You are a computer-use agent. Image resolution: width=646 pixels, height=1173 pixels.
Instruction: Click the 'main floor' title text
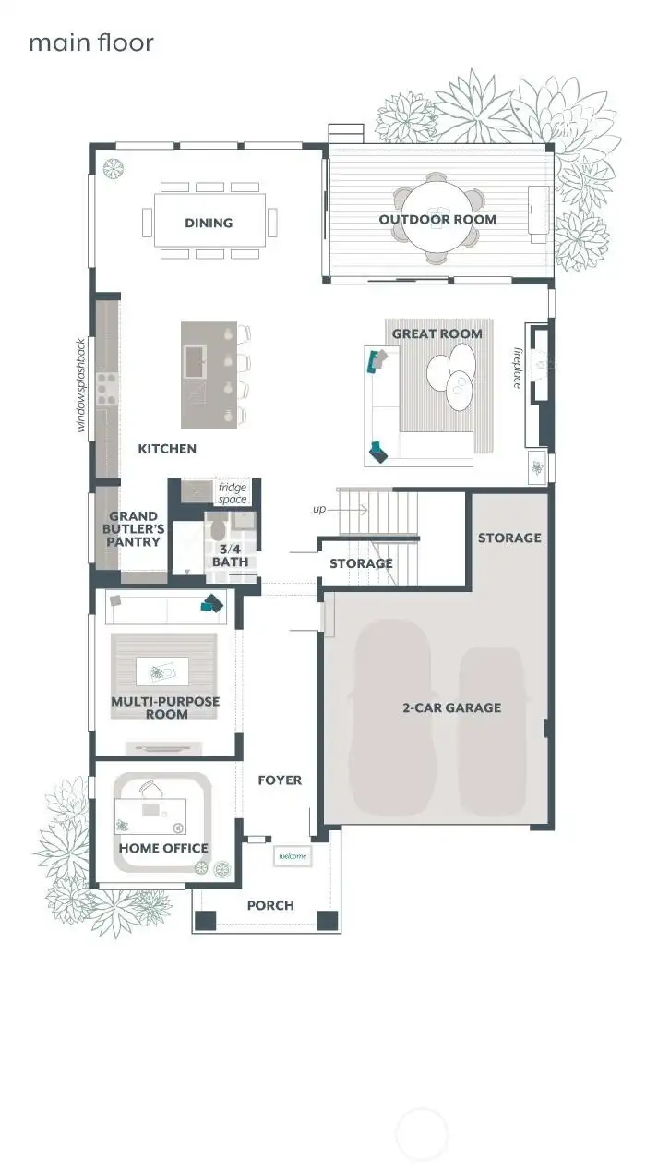[x=90, y=42]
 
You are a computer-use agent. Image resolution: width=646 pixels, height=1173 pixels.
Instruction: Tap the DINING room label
[x=209, y=223]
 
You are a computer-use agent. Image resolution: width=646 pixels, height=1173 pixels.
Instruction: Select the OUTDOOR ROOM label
[x=437, y=220]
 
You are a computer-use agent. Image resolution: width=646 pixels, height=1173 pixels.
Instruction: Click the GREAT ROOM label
[x=437, y=333]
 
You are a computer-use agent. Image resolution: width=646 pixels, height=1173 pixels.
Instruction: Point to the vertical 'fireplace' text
[x=518, y=367]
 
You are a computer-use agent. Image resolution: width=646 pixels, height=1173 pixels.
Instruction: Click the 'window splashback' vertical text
[x=81, y=385]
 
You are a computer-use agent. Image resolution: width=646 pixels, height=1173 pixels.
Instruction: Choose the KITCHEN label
[x=167, y=449]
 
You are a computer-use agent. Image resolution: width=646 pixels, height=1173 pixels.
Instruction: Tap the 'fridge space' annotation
[x=233, y=493]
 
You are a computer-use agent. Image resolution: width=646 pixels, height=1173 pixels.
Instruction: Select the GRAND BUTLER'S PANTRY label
[x=134, y=529]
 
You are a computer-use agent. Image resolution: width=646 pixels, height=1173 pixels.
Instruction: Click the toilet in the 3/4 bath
[x=218, y=528]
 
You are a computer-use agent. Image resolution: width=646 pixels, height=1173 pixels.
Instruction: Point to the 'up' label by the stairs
[x=318, y=509]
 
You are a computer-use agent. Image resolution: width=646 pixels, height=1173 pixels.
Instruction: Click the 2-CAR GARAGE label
[x=452, y=707]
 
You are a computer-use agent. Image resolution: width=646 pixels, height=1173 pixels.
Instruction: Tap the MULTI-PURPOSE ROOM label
[x=166, y=707]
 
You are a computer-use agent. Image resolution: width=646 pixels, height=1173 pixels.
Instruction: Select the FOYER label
[x=280, y=780]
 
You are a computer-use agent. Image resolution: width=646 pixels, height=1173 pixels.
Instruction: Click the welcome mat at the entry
[x=293, y=857]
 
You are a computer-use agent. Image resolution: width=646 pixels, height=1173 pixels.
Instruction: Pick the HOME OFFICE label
[x=163, y=848]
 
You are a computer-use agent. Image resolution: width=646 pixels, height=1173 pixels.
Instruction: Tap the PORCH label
[x=270, y=905]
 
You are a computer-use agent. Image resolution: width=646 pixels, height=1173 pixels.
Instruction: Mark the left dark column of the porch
[x=205, y=920]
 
